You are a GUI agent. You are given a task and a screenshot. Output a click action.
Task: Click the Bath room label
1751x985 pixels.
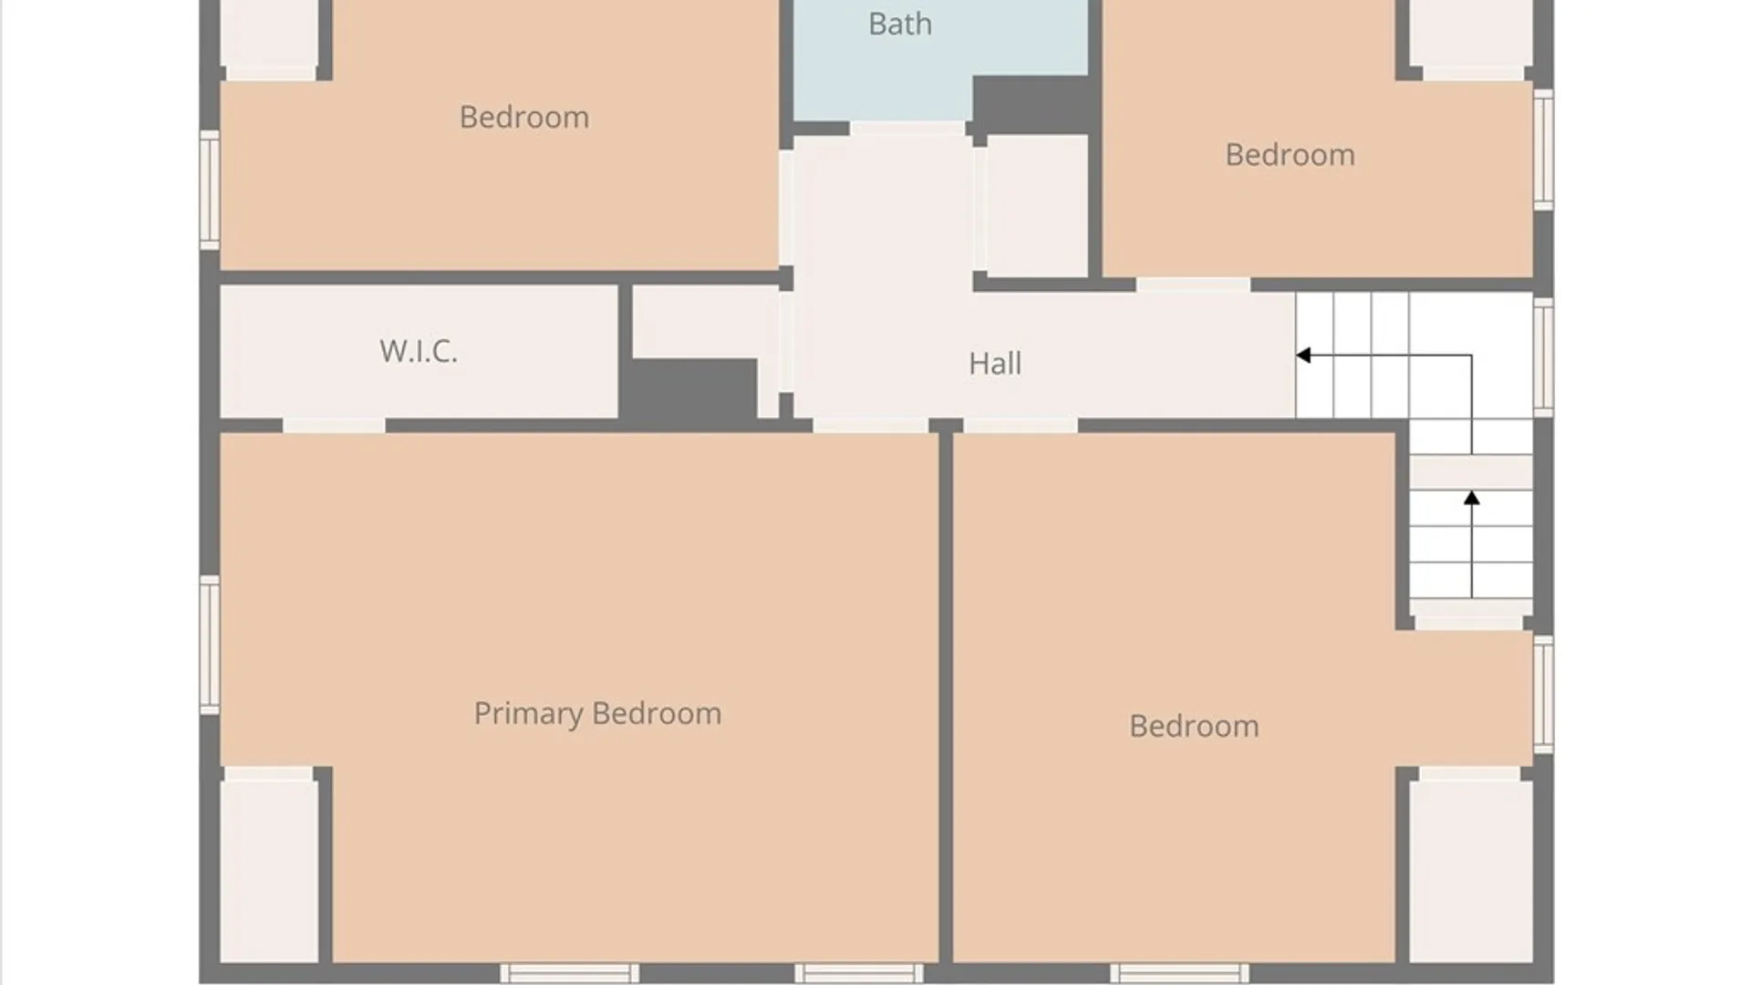900,24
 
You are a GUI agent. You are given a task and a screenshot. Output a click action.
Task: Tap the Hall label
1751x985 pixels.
995,364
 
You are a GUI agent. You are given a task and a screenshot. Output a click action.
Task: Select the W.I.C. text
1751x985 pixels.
419,351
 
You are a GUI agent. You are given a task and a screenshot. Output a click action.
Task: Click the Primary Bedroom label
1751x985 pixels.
597,714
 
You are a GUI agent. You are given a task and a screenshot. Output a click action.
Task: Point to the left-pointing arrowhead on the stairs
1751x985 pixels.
1304,355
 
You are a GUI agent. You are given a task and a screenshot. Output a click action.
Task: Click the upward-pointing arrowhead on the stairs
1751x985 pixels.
1471,498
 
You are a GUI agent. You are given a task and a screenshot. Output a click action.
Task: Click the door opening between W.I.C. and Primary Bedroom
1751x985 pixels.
334,426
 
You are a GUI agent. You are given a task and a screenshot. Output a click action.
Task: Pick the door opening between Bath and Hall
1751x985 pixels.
907,129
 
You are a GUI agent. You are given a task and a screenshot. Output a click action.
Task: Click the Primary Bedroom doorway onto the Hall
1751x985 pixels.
870,426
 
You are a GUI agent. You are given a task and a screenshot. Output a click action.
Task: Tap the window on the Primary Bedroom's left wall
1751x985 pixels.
210,645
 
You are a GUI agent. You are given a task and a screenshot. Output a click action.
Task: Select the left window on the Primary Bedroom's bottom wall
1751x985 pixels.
570,973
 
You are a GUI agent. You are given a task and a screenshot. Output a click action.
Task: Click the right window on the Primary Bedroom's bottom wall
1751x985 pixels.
859,973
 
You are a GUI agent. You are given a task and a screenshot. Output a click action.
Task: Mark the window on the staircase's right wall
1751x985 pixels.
1543,358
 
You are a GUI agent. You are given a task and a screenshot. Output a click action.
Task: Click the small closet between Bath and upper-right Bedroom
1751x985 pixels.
1038,206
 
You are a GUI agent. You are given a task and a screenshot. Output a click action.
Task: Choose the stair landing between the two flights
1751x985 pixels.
1471,471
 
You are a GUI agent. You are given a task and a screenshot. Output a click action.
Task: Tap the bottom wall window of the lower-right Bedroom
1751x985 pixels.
1179,973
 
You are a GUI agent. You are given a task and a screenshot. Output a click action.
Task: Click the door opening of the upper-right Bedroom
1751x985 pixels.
1193,285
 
